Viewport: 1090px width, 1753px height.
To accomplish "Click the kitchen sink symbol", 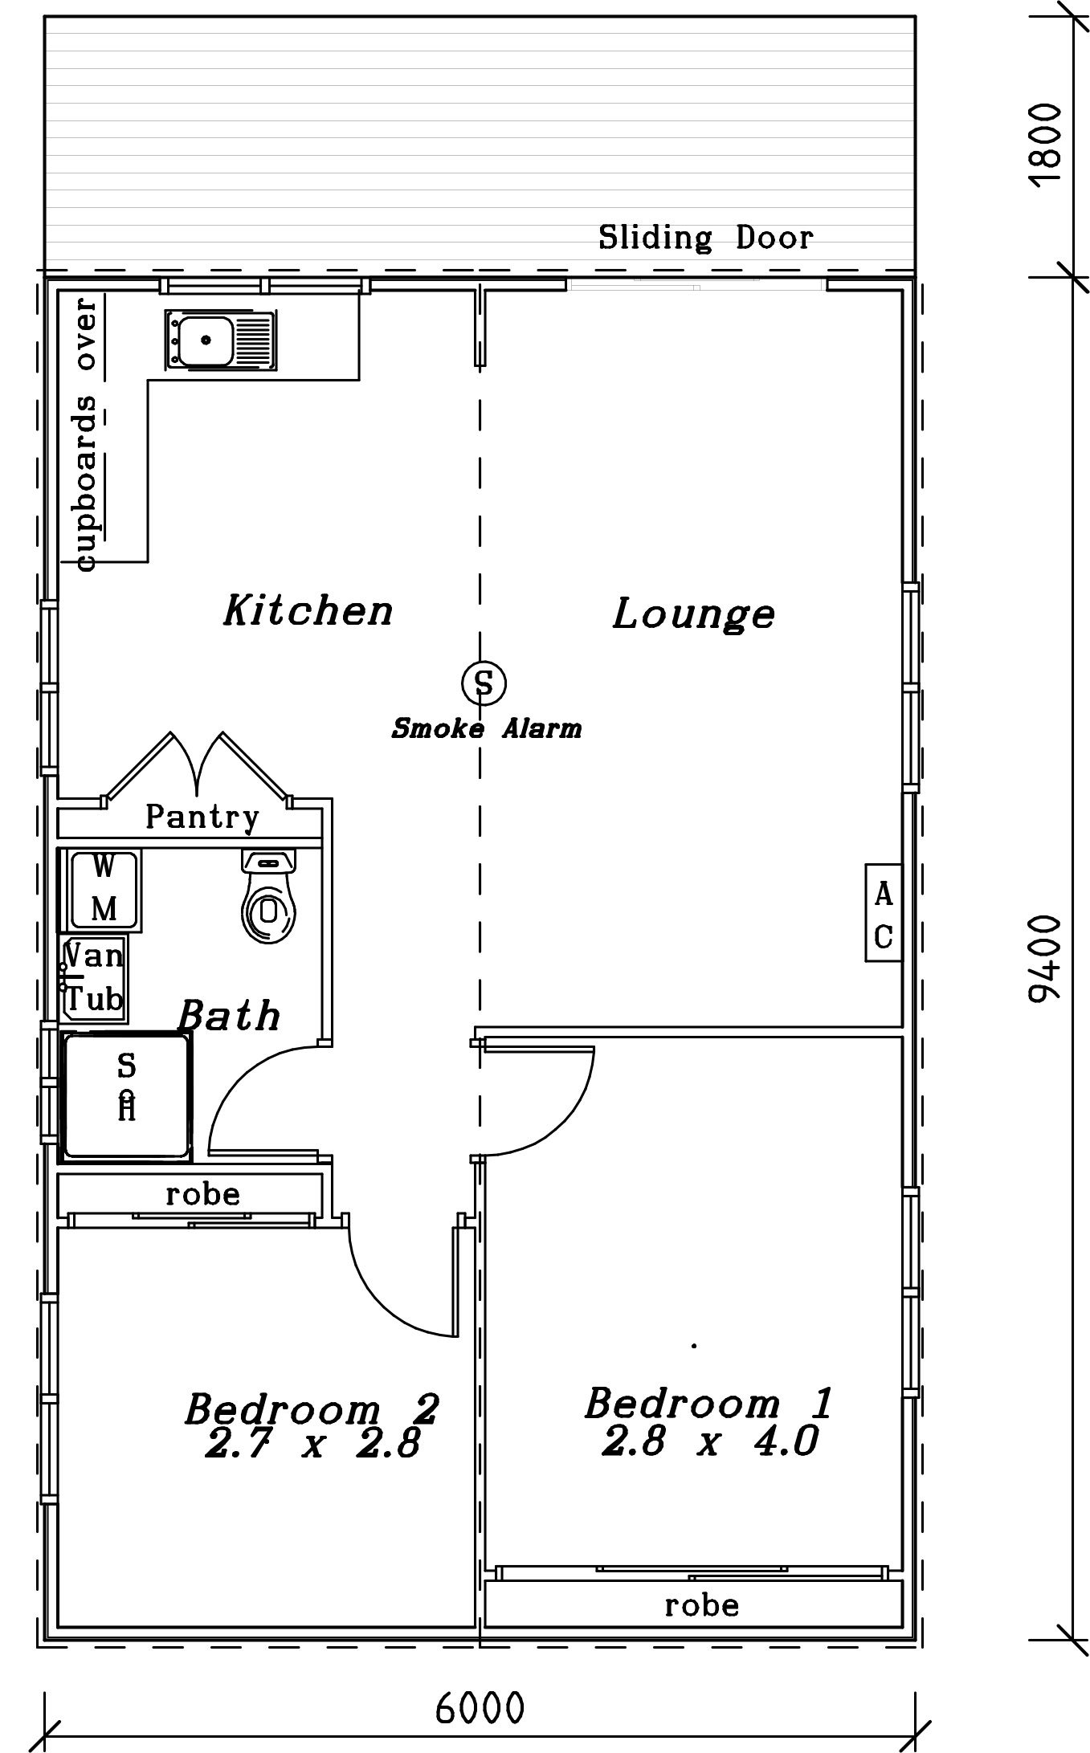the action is coord(219,340).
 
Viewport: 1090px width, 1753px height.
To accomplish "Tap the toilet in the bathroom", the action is coord(269,895).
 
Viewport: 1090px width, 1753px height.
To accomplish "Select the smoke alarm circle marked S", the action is coord(484,683).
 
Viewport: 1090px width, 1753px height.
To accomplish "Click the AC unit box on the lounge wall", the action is coord(884,912).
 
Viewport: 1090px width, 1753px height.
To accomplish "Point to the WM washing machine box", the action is coord(104,891).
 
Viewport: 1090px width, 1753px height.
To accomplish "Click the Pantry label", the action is coord(202,817).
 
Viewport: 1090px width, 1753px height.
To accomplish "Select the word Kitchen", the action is coord(308,609).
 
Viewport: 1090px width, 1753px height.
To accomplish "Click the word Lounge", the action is coord(694,614).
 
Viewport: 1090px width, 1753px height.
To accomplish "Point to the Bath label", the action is coord(230,1015).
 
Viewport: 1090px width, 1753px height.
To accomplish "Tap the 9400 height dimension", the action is coord(1045,958).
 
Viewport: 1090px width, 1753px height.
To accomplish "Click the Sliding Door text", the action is coord(706,238).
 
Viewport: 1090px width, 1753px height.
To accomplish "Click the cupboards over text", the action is coord(86,434).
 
